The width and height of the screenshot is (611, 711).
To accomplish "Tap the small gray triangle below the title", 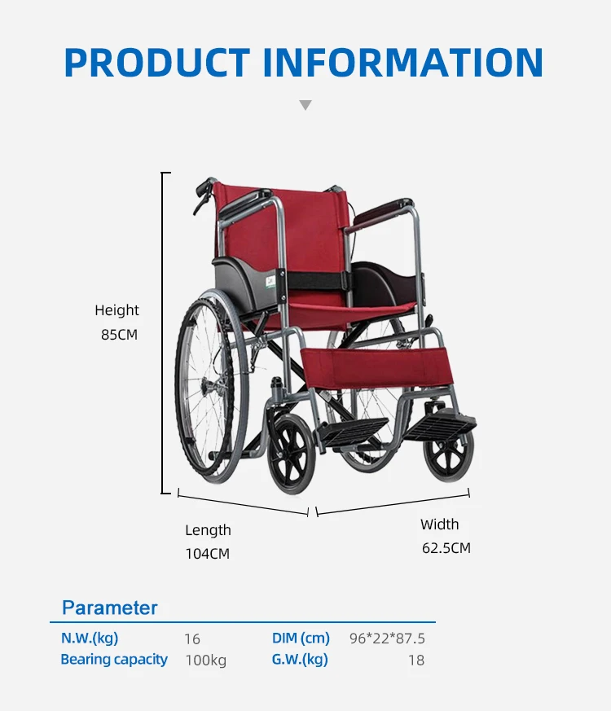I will pyautogui.click(x=305, y=105).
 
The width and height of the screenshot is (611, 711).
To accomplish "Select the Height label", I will pyautogui.click(x=116, y=310).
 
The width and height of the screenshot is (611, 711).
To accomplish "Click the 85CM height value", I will pyautogui.click(x=119, y=334).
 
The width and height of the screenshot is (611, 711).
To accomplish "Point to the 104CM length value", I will pyautogui.click(x=208, y=554).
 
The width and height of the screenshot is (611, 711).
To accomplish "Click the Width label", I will pyautogui.click(x=439, y=524).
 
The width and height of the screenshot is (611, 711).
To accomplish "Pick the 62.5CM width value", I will pyautogui.click(x=446, y=548).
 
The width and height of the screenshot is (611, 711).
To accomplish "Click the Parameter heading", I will pyautogui.click(x=110, y=608).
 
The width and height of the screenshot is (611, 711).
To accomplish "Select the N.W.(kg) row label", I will pyautogui.click(x=90, y=639).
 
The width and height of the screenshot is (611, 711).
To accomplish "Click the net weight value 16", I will pyautogui.click(x=191, y=639).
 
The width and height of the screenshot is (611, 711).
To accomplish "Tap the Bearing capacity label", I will pyautogui.click(x=114, y=660).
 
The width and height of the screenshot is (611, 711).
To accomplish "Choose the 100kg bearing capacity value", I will pyautogui.click(x=205, y=661).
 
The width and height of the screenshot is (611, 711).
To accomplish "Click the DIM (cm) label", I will pyautogui.click(x=301, y=639).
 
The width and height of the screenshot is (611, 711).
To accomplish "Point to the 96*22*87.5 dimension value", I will pyautogui.click(x=387, y=639).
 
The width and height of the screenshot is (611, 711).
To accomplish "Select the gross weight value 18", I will pyautogui.click(x=416, y=661).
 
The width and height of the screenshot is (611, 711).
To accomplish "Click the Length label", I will pyautogui.click(x=208, y=530).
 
